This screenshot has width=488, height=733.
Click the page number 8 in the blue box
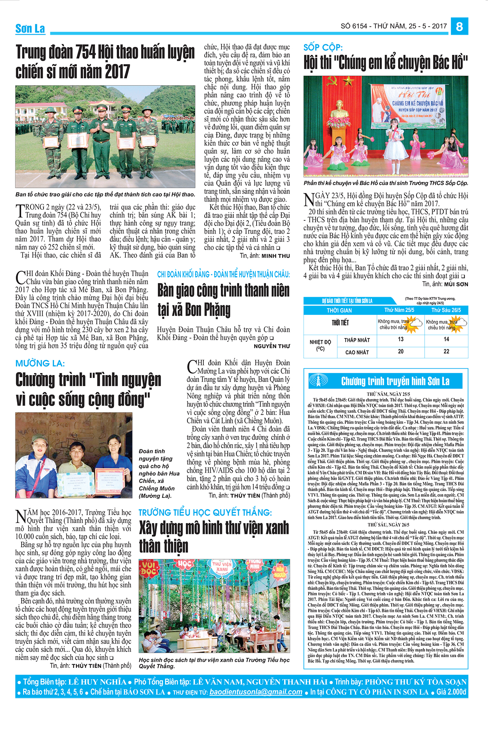(x=460, y=26)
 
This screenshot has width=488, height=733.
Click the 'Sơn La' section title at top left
(x=30, y=29)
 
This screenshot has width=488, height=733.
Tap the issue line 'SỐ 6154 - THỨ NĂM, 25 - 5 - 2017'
(x=394, y=26)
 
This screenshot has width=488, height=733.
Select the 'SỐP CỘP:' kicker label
(x=323, y=47)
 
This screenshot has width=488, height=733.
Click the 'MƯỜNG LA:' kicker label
(x=40, y=363)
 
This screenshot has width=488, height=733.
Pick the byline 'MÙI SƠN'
(x=456, y=284)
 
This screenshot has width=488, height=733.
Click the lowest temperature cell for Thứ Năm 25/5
(x=401, y=339)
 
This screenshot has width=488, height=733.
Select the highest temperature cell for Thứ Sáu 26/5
(x=446, y=351)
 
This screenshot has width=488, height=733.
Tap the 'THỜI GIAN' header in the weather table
(x=339, y=310)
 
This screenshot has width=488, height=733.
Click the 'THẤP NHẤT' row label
(x=357, y=340)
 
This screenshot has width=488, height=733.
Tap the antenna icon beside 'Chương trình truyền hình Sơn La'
(x=318, y=381)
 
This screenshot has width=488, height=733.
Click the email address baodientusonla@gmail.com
(x=256, y=692)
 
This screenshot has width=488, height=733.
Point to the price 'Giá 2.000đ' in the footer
(x=451, y=692)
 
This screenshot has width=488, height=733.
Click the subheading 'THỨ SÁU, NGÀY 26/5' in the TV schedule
(x=388, y=525)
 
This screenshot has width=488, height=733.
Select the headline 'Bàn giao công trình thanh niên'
(x=223, y=291)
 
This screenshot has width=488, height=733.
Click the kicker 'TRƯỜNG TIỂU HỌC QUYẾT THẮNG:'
(x=205, y=513)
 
